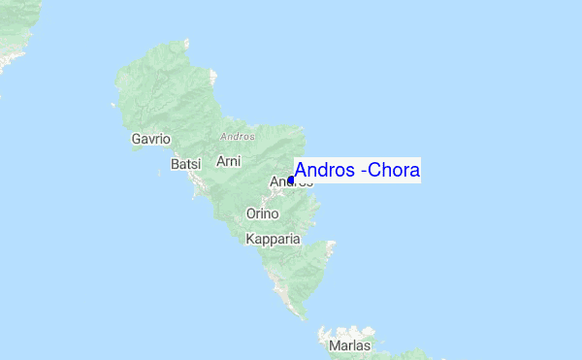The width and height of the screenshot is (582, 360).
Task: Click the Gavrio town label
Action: [150, 140]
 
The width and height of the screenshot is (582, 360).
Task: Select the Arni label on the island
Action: [228, 160]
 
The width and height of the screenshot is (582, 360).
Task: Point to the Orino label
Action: [262, 213]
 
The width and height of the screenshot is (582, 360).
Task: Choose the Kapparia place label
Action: [274, 239]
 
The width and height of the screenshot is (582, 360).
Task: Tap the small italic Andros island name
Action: [237, 136]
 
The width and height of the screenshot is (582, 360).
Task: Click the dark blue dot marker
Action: [290, 180]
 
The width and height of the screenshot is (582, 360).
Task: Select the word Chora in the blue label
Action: [393, 171]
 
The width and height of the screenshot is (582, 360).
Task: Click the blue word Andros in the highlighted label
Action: [324, 171]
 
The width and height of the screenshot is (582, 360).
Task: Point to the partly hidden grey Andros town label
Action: [279, 181]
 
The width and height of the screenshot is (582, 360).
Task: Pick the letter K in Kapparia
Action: [251, 239]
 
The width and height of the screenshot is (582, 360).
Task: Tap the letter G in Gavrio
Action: [137, 140]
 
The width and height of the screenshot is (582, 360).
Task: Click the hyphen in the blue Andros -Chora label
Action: [363, 172]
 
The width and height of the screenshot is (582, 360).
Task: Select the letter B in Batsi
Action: [175, 165]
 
